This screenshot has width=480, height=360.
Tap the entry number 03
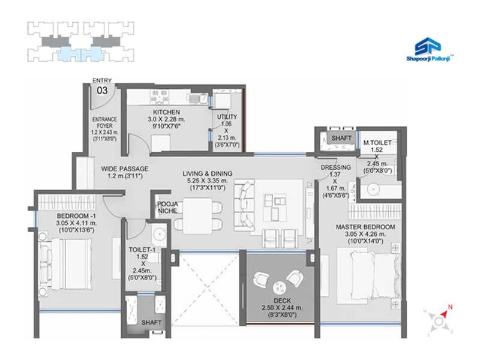[x=103, y=91]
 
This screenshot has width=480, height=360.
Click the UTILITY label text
[x=227, y=116]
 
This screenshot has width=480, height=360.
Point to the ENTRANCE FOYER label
[x=104, y=123]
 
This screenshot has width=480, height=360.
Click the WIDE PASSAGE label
[x=124, y=169]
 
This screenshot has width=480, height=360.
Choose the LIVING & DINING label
[x=208, y=174]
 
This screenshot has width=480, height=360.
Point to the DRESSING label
[x=331, y=167]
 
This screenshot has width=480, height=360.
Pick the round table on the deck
[x=279, y=286]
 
